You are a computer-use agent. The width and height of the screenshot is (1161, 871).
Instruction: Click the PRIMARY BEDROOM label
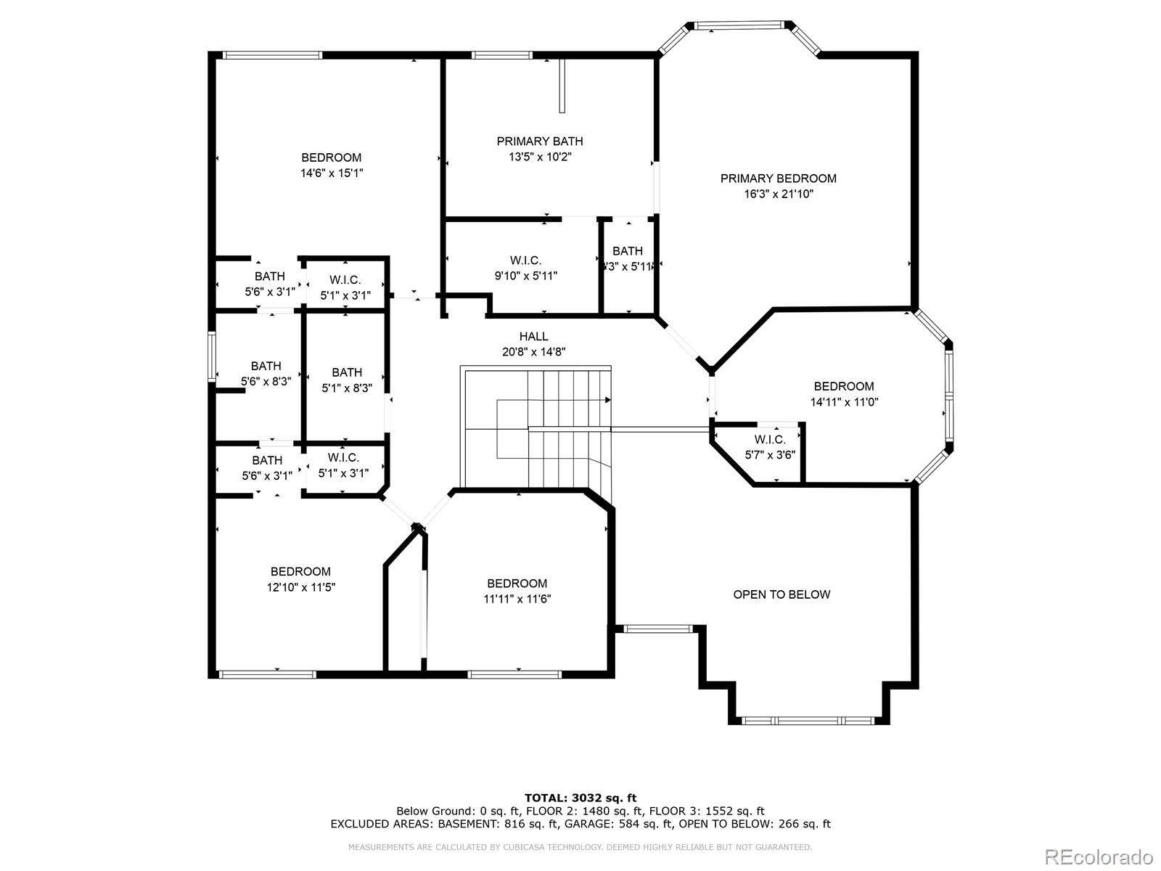(778, 179)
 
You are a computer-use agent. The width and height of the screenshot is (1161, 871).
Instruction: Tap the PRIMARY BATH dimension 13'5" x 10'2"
(539, 157)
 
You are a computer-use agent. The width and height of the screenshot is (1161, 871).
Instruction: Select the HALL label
(533, 337)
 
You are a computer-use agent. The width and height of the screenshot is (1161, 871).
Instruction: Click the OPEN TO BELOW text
(781, 594)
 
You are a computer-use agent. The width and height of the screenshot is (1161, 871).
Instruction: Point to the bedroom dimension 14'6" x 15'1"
(332, 173)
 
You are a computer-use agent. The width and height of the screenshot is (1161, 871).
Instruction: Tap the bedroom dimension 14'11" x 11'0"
(844, 402)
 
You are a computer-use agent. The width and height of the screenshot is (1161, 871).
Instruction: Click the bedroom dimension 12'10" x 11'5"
(300, 587)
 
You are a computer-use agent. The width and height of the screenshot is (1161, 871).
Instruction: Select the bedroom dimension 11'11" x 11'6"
(517, 600)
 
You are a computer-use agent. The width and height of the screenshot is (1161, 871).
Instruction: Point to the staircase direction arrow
(607, 399)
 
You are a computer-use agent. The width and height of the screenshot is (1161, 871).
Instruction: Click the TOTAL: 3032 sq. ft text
(580, 798)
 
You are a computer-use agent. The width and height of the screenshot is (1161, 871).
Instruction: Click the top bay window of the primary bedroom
(739, 26)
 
